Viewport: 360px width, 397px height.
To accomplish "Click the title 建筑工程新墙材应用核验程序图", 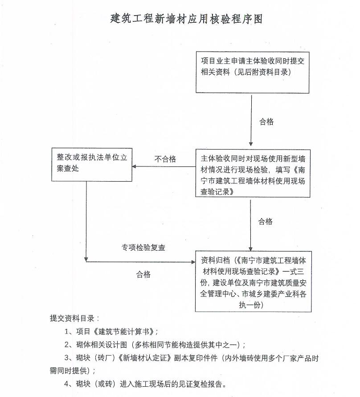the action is (186, 19).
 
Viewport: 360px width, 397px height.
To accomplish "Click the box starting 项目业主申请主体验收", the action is (252, 73).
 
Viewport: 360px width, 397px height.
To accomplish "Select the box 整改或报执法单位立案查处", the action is (92, 165).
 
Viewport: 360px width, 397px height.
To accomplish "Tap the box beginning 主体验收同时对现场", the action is (253, 173).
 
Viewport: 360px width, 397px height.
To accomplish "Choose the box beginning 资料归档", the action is (253, 281).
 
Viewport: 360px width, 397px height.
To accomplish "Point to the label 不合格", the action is (165, 159).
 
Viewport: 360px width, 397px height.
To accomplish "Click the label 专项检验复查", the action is (143, 247).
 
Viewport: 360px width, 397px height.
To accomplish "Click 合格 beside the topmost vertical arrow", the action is (266, 122).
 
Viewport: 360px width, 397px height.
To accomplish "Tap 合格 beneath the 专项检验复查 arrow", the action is (143, 274).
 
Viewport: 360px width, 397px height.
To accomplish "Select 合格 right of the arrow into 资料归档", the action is (265, 222).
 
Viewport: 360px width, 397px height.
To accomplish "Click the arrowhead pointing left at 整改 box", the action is (135, 166).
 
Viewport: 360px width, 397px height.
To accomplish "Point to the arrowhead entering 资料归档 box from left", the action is (193, 262).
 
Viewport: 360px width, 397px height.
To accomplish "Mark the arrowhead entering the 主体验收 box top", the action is (251, 144).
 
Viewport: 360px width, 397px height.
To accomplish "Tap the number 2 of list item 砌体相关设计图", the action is (66, 344).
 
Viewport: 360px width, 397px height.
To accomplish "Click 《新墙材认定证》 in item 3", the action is (144, 358).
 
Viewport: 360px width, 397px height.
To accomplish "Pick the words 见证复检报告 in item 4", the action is (200, 384).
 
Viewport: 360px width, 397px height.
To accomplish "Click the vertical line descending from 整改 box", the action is (86, 220).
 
